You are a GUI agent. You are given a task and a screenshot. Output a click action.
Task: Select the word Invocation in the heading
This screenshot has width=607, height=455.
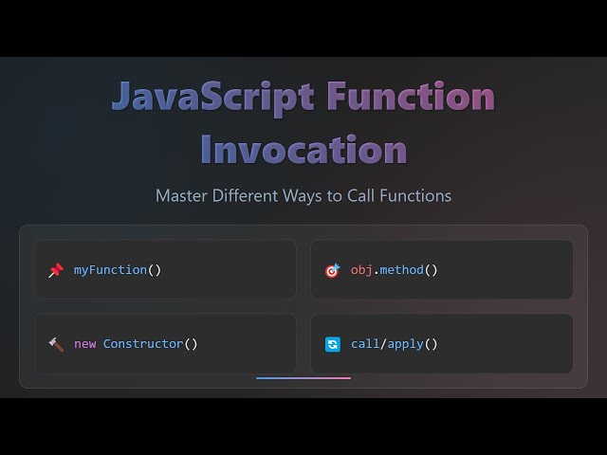point(303,149)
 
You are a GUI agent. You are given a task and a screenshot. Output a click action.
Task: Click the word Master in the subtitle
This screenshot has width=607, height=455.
point(183,196)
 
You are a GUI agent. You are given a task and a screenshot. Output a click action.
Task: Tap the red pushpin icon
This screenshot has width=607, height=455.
point(55,270)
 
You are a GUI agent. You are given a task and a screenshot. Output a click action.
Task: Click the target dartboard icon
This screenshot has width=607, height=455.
point(332,270)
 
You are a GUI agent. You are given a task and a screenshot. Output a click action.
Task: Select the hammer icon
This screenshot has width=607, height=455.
point(55,344)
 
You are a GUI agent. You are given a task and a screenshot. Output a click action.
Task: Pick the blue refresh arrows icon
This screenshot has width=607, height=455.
point(332,344)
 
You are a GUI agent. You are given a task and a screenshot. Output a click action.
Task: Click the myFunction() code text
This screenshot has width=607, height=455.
point(118,270)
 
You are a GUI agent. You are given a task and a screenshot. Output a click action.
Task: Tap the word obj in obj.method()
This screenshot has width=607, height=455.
point(361,270)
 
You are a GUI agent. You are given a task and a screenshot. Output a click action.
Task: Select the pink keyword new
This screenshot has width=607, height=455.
point(85,344)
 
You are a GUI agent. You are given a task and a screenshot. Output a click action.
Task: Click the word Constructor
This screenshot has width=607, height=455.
point(143,344)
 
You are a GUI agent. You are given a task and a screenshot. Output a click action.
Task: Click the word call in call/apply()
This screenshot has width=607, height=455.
point(365,344)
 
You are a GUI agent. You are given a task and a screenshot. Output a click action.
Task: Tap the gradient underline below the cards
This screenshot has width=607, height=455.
point(303,377)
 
